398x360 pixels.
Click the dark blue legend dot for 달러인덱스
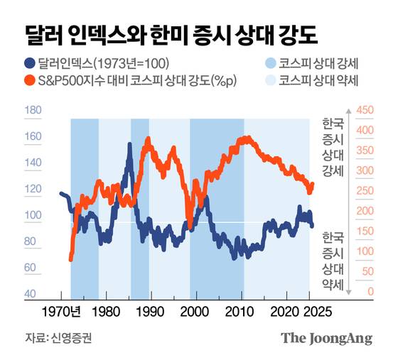29,63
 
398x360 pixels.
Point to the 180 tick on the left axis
33,111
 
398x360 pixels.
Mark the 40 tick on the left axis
33,294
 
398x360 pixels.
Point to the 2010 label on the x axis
241,312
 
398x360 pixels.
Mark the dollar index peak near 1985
129,146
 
